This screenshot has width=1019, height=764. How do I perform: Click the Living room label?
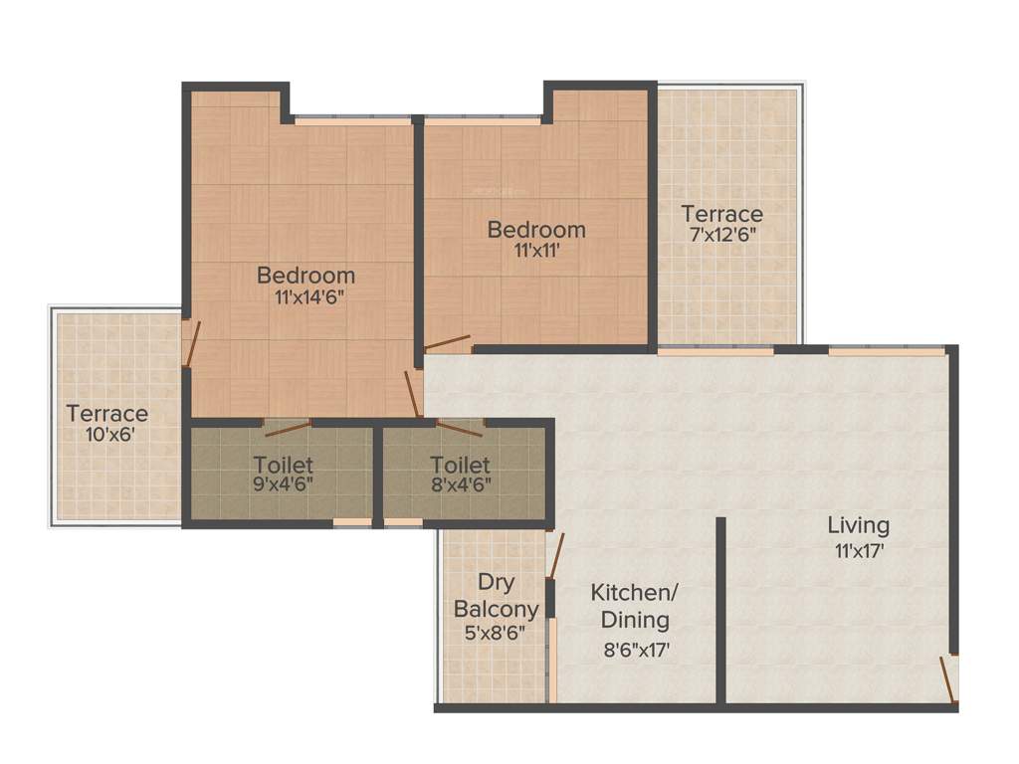click(x=859, y=525)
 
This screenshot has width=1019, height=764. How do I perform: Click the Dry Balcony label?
click(x=496, y=595)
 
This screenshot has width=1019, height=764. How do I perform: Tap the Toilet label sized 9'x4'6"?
click(x=283, y=465)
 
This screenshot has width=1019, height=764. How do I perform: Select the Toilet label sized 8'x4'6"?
click(x=460, y=465)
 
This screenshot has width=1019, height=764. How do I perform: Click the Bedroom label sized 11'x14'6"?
click(x=306, y=276)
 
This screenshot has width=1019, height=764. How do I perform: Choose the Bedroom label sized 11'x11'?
click(x=536, y=230)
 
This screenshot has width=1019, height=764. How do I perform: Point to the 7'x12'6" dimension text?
click(x=722, y=237)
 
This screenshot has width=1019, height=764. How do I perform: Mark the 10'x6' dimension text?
click(x=107, y=435)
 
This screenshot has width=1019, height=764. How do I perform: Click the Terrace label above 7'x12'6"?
click(x=722, y=214)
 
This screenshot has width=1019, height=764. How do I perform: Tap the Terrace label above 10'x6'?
click(x=107, y=413)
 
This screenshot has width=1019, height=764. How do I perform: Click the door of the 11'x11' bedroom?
click(x=447, y=344)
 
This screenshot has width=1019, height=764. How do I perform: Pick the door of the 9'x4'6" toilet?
click(x=287, y=429)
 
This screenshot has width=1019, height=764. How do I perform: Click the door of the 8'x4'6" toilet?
click(x=459, y=429)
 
